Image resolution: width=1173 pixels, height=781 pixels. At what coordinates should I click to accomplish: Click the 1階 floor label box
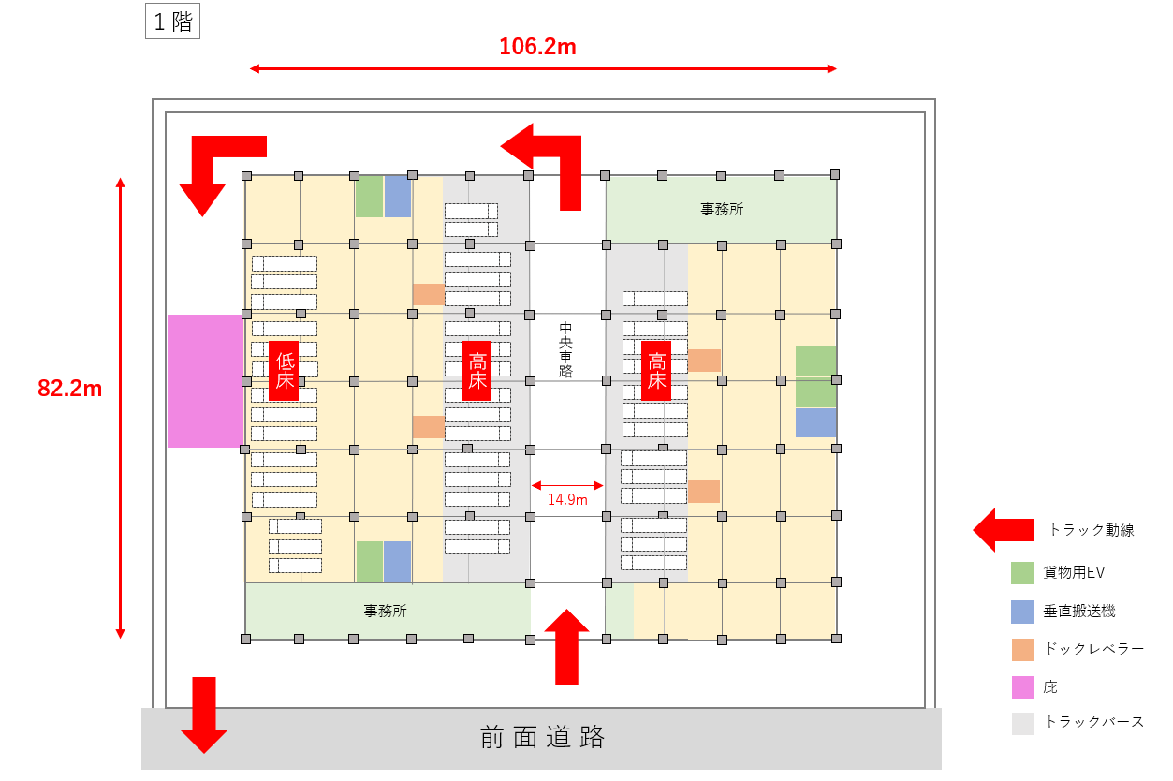(172, 22)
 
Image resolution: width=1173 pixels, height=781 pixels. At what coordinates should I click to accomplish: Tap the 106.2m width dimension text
(537, 47)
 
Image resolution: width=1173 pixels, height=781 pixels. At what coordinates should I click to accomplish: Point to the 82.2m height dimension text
(70, 389)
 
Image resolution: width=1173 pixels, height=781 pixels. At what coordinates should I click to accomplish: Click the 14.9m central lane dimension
(567, 500)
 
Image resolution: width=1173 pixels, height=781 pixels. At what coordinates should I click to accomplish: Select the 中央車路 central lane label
(565, 349)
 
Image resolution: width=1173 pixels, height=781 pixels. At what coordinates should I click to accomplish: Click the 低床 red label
(284, 370)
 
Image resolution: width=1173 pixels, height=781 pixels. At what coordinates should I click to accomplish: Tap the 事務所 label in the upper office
(722, 210)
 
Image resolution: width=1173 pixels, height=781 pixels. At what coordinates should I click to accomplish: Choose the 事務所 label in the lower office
(386, 611)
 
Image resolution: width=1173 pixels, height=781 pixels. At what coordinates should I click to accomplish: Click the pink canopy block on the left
(205, 380)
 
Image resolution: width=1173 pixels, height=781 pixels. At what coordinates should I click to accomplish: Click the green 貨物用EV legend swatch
(1023, 573)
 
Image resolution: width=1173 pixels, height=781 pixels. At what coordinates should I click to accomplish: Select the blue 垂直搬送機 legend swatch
(1023, 612)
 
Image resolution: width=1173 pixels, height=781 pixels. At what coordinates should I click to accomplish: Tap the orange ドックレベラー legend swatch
(1023, 649)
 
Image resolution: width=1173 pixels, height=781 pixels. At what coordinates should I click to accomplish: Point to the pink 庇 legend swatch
(1023, 686)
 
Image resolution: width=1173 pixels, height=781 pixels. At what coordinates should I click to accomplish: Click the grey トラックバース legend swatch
(1023, 723)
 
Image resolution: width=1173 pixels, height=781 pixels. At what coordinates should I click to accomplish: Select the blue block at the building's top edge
(398, 196)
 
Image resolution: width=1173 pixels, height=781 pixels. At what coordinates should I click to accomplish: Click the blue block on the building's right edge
(815, 422)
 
